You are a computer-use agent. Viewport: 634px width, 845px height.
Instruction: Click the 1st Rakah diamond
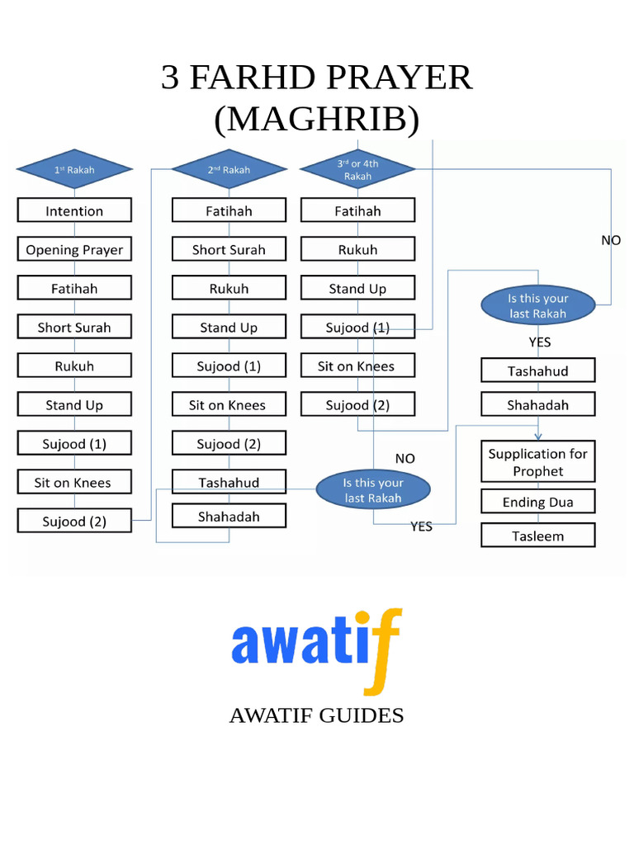tap(74, 170)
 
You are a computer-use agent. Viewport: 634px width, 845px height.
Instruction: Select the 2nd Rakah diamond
tap(229, 170)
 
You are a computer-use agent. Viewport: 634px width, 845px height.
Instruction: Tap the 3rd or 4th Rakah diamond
tap(357, 170)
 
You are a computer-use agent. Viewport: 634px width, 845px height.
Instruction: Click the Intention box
tap(74, 210)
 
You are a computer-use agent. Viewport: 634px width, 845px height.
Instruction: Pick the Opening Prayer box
tap(74, 249)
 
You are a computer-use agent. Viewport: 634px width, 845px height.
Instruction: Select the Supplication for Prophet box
tap(537, 462)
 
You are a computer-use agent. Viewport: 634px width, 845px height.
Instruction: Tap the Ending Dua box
tap(537, 502)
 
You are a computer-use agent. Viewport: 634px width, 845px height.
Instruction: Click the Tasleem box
tap(537, 536)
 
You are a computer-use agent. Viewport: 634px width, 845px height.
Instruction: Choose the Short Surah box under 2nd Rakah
tap(229, 249)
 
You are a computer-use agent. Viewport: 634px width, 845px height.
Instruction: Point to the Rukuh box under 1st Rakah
tap(74, 366)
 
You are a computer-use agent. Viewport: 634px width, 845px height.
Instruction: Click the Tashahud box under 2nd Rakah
tap(229, 482)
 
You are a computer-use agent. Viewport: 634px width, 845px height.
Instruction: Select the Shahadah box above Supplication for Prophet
tap(537, 404)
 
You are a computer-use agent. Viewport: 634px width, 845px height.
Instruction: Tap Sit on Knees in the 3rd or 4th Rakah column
tap(357, 366)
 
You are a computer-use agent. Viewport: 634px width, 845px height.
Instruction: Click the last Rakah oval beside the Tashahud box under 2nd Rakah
tap(373, 490)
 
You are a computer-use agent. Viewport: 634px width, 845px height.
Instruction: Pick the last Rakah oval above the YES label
tap(537, 306)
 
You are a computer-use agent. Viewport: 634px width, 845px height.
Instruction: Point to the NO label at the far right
tap(610, 240)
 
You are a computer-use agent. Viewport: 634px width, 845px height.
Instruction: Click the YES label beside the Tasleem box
tap(421, 526)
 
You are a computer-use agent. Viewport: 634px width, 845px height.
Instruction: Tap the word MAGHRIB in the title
tap(317, 120)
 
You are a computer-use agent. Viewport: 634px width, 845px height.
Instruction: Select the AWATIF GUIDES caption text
tap(316, 715)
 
